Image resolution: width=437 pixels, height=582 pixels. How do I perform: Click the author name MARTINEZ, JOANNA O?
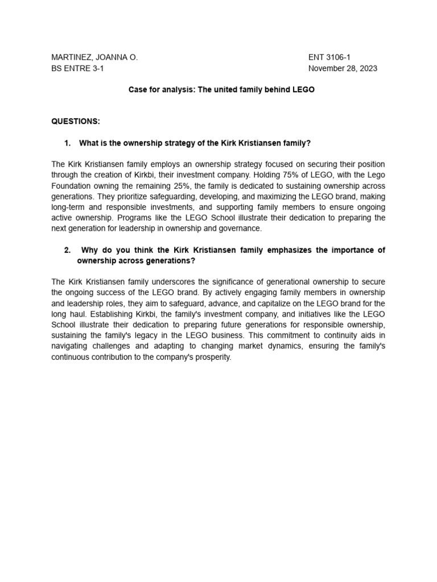[94, 57]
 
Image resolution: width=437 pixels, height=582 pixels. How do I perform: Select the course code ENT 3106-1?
[329, 57]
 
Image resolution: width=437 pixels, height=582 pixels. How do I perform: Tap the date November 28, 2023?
[343, 69]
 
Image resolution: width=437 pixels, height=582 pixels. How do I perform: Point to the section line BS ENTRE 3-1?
[77, 69]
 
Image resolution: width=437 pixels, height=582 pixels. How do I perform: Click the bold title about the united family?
[221, 90]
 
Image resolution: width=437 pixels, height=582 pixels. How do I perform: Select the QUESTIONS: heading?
[75, 122]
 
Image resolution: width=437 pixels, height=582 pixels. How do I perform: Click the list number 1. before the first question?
[67, 143]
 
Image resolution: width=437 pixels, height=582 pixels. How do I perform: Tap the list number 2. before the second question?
[67, 251]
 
